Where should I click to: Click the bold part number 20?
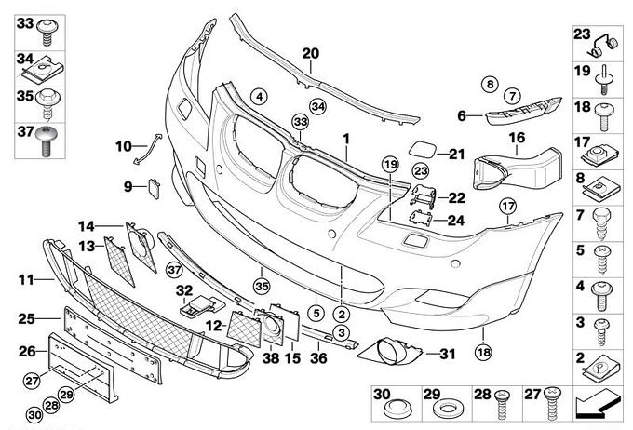click(311, 52)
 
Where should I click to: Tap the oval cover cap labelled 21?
click(420, 150)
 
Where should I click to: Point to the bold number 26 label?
click(26, 351)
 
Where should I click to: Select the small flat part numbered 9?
click(151, 188)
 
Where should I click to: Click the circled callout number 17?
click(507, 207)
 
